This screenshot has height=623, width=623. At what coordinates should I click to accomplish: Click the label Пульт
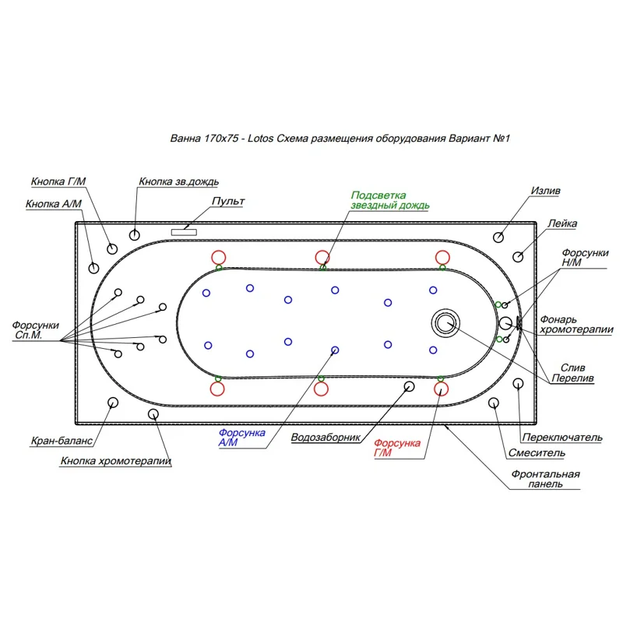[x=228, y=201]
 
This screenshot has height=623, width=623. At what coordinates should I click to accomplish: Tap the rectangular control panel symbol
[x=184, y=232]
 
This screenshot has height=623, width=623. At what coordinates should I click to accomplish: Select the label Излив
[x=546, y=191]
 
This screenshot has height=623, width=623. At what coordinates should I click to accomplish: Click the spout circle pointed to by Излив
[x=498, y=238]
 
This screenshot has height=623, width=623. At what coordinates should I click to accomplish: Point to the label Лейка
[x=562, y=224]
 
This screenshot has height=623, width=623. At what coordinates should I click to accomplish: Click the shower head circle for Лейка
[x=518, y=257]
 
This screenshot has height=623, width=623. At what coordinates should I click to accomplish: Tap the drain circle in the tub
[x=445, y=322]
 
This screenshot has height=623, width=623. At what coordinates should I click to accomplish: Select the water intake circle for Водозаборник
[x=409, y=386]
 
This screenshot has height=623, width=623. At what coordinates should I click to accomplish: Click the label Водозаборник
[x=326, y=438]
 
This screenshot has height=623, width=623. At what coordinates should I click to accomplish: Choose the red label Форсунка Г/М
[x=397, y=448]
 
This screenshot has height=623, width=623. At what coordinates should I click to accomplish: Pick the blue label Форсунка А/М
[x=241, y=438]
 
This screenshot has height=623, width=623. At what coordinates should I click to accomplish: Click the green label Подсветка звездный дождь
[x=390, y=200]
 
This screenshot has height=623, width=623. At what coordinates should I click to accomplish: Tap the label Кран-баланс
[x=62, y=441]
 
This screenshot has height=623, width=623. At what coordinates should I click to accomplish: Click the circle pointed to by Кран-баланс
[x=113, y=403]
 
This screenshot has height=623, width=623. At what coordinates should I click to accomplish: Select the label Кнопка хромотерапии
[x=115, y=461]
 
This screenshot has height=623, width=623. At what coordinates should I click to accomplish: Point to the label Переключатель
[x=562, y=437]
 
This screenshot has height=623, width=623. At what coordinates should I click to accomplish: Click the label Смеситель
[x=537, y=453]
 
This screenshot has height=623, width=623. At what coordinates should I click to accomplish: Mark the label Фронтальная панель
[x=545, y=479]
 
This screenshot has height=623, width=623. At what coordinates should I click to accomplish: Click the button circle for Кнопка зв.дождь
[x=134, y=235]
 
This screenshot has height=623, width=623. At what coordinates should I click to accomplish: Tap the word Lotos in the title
[x=260, y=139]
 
